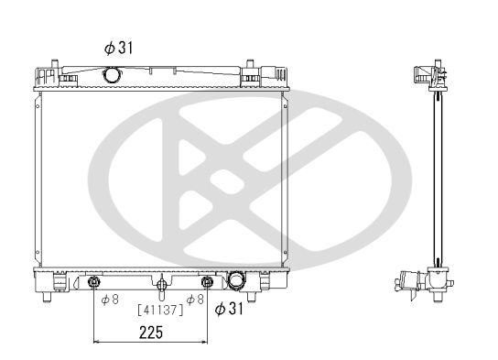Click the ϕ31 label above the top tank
pyautogui.click(x=118, y=48)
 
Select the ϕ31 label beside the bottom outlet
pyautogui.click(x=229, y=308)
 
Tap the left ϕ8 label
pyautogui.click(x=110, y=300)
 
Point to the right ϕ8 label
pyautogui.click(x=195, y=300)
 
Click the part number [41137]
pyautogui.click(x=161, y=310)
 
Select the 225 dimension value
pyautogui.click(x=151, y=333)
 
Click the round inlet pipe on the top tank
pyautogui.click(x=112, y=74)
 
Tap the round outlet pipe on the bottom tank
pyautogui.click(x=236, y=280)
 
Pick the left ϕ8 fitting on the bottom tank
pyautogui.click(x=93, y=281)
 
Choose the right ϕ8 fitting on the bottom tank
pyautogui.click(x=207, y=281)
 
